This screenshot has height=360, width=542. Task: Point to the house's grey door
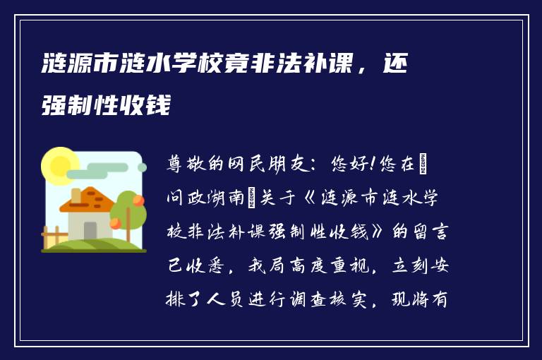pos(90,230)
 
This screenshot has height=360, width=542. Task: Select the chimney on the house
pos(76,195)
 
